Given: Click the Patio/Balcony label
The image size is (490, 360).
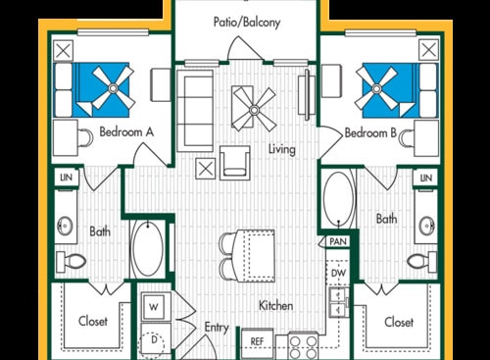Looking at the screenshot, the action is coord(247,22).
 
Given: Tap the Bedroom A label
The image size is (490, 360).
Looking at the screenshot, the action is coord(122,131).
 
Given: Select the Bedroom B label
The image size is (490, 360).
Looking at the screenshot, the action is coord(369,131).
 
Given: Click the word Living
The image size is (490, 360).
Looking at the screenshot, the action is coord(283,149).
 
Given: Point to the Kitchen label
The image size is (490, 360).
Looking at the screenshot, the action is coord(276,305).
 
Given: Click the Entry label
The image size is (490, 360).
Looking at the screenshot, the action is coord(216,329).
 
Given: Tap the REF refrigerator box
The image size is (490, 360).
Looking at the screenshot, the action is coord(257,341).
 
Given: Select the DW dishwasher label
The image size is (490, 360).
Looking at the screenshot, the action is coord(339,273).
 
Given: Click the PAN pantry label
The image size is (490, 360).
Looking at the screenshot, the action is coord(337,241).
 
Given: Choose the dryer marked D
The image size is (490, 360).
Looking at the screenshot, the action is coord(154,340).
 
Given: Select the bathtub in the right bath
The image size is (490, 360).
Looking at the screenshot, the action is coord(339,200).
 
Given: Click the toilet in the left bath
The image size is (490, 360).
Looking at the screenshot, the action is coord(72,261).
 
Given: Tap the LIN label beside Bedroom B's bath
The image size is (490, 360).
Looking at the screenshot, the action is coord(425,178).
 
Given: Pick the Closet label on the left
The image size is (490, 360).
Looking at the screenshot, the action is coord(93,321).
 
